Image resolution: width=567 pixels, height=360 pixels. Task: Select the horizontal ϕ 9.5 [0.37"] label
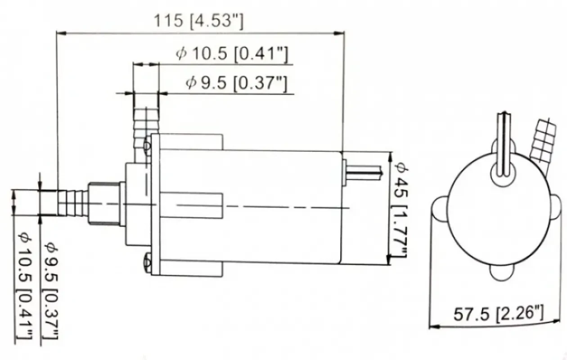pos(236,83)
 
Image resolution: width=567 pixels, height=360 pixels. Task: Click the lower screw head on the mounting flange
pos(147,261)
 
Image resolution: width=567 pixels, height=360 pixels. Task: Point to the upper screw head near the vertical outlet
pos(147,146)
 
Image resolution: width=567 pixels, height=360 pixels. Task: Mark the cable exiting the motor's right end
pos(364,171)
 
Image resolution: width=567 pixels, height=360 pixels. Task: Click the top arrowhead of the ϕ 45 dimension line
pos(390,155)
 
